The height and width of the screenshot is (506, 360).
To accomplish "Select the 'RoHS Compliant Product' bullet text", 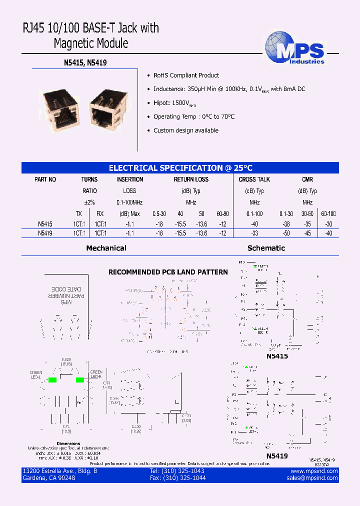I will point(186,75).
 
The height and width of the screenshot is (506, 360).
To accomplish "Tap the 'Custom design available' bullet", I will point(185,130).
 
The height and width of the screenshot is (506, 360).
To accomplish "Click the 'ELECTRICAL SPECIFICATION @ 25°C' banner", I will point(180,168).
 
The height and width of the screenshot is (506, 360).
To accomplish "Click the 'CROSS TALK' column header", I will point(254,179).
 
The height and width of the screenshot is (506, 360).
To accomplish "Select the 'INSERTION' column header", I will point(129,179).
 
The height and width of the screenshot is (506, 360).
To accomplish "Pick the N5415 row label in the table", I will point(45,225).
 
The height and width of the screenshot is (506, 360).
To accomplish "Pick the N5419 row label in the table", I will point(45,233).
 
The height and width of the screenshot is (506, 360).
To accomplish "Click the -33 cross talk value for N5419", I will point(254,233).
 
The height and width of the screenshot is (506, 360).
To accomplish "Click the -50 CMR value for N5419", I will point(286,233).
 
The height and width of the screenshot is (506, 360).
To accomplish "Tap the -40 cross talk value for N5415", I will point(254,225).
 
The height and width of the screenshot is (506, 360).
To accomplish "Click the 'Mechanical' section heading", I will point(106,248).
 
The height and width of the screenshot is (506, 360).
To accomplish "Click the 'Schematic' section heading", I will point(266,248).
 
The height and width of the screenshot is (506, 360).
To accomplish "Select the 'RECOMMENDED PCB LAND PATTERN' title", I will point(168,272).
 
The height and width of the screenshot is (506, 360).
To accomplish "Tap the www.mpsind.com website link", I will point(314,471).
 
